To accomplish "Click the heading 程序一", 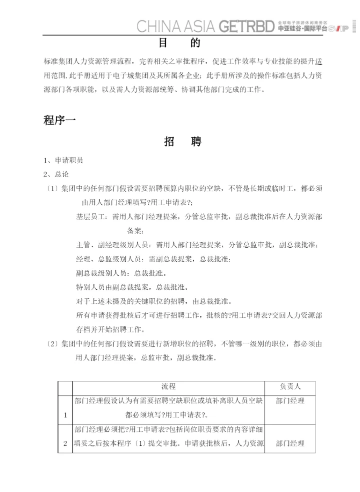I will coord(59,120).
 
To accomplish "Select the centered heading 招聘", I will coord(182,142).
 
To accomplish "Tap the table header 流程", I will coord(168,386).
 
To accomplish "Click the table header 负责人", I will coord(290,386).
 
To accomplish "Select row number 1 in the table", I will coord(65,415).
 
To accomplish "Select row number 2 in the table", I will coord(65,443).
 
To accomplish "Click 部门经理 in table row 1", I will coord(290,401).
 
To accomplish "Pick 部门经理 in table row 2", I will coord(290,443).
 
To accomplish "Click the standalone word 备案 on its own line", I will coord(135,231).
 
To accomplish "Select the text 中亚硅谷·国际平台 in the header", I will coord(302,29).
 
